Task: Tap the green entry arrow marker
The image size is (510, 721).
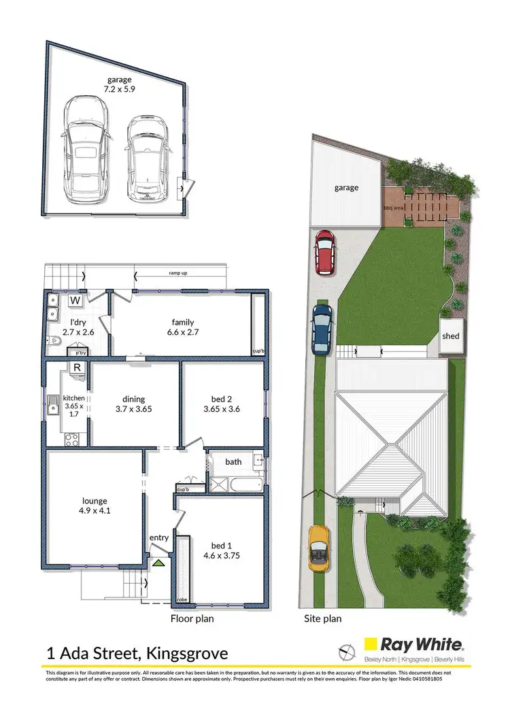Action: (158, 563)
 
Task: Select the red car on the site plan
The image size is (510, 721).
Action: (326, 251)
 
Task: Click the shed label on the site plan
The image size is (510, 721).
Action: (451, 336)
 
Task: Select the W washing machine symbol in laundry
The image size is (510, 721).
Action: (75, 300)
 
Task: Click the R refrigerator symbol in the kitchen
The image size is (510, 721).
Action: (78, 368)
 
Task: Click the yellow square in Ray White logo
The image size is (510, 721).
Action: (372, 644)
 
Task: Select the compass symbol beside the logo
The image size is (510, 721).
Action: (347, 651)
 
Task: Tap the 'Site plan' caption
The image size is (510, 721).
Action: (322, 618)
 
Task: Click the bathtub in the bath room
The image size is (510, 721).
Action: (245, 485)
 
